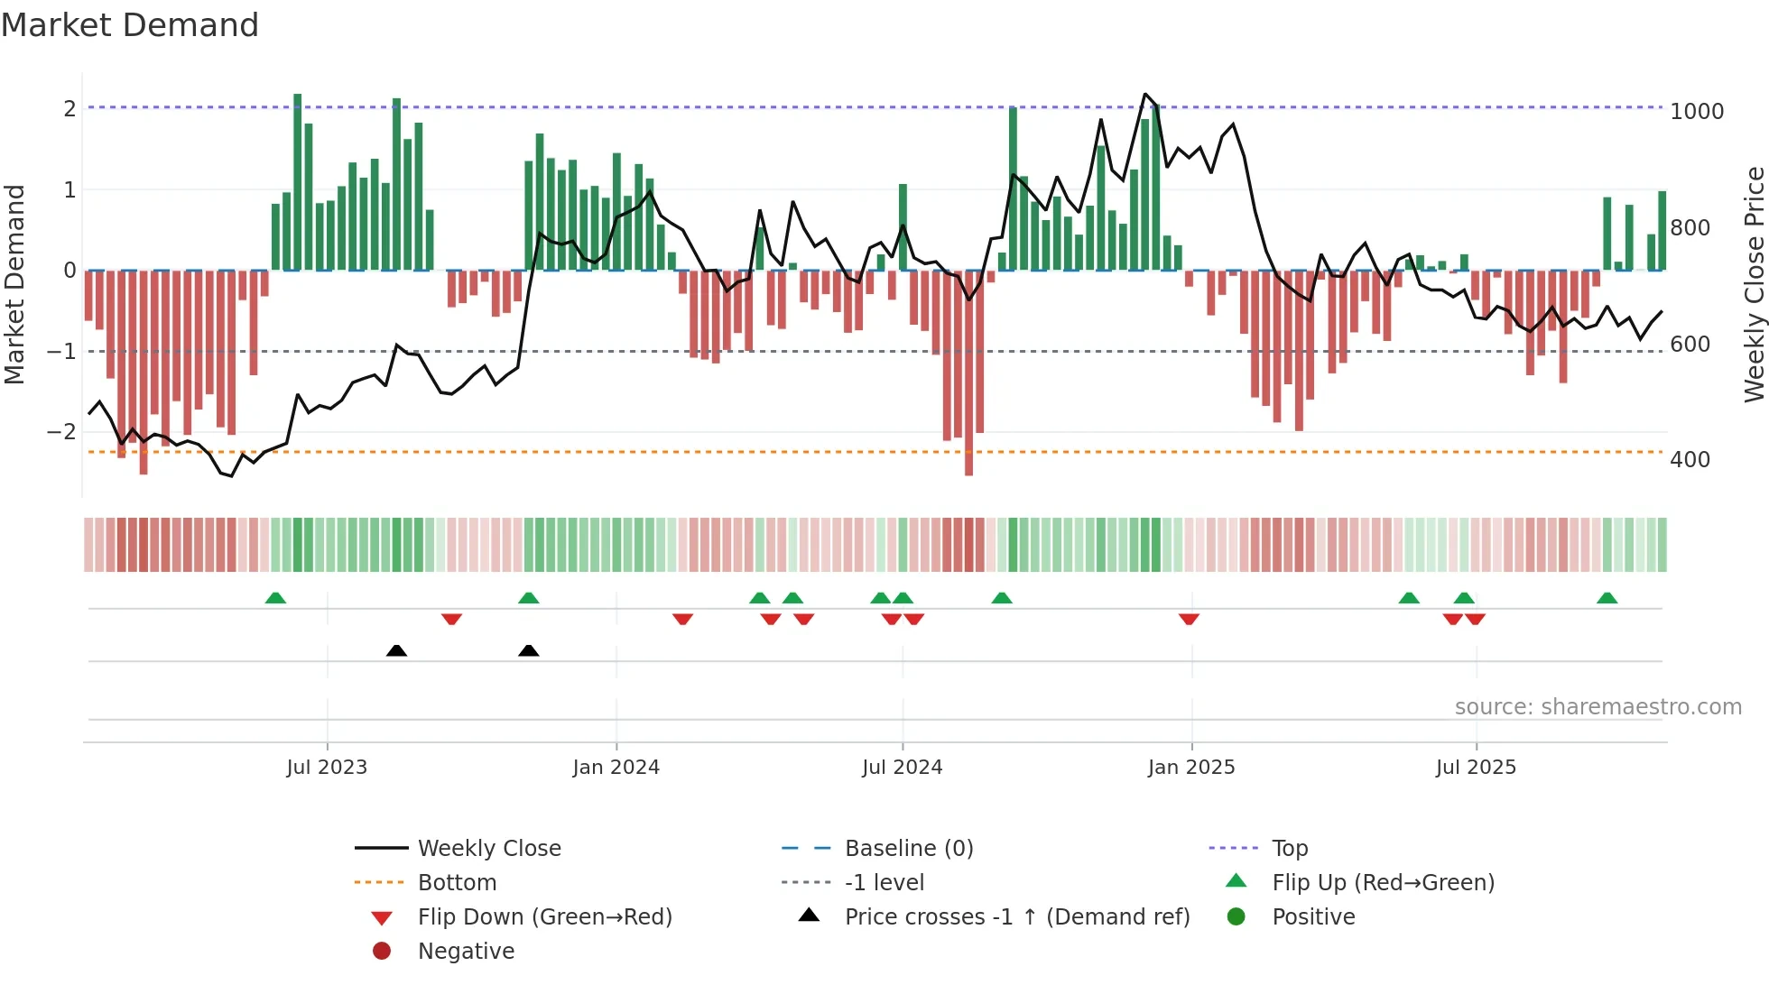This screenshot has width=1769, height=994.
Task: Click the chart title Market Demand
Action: tap(130, 25)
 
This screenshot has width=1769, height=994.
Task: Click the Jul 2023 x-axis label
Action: tap(327, 768)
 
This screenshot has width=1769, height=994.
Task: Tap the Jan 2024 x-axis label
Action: tap(616, 768)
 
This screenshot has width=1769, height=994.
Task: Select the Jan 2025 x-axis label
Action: tap(1190, 768)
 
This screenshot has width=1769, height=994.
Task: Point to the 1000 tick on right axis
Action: tap(1696, 112)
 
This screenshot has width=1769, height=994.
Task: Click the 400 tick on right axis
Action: tap(1690, 460)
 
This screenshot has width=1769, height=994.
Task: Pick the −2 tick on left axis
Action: tap(61, 432)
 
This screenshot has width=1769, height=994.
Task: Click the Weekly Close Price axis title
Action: tap(1754, 284)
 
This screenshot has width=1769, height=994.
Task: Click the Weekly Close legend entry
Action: tap(488, 849)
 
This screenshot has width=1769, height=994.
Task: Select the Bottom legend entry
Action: tap(457, 883)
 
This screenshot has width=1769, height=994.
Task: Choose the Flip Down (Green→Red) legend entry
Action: tap(544, 917)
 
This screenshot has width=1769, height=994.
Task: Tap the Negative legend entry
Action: tap(466, 952)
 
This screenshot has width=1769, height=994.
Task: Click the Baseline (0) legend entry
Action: tap(908, 849)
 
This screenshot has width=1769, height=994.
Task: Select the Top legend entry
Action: tap(1289, 849)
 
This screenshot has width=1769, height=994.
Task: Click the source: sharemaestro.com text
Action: tap(1598, 707)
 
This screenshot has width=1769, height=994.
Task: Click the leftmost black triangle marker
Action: tap(396, 650)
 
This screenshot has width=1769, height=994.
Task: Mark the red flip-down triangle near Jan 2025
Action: tap(1189, 619)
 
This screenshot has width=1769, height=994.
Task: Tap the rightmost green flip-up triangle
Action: tap(1607, 598)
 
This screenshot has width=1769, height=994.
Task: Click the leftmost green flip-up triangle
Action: tap(275, 598)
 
